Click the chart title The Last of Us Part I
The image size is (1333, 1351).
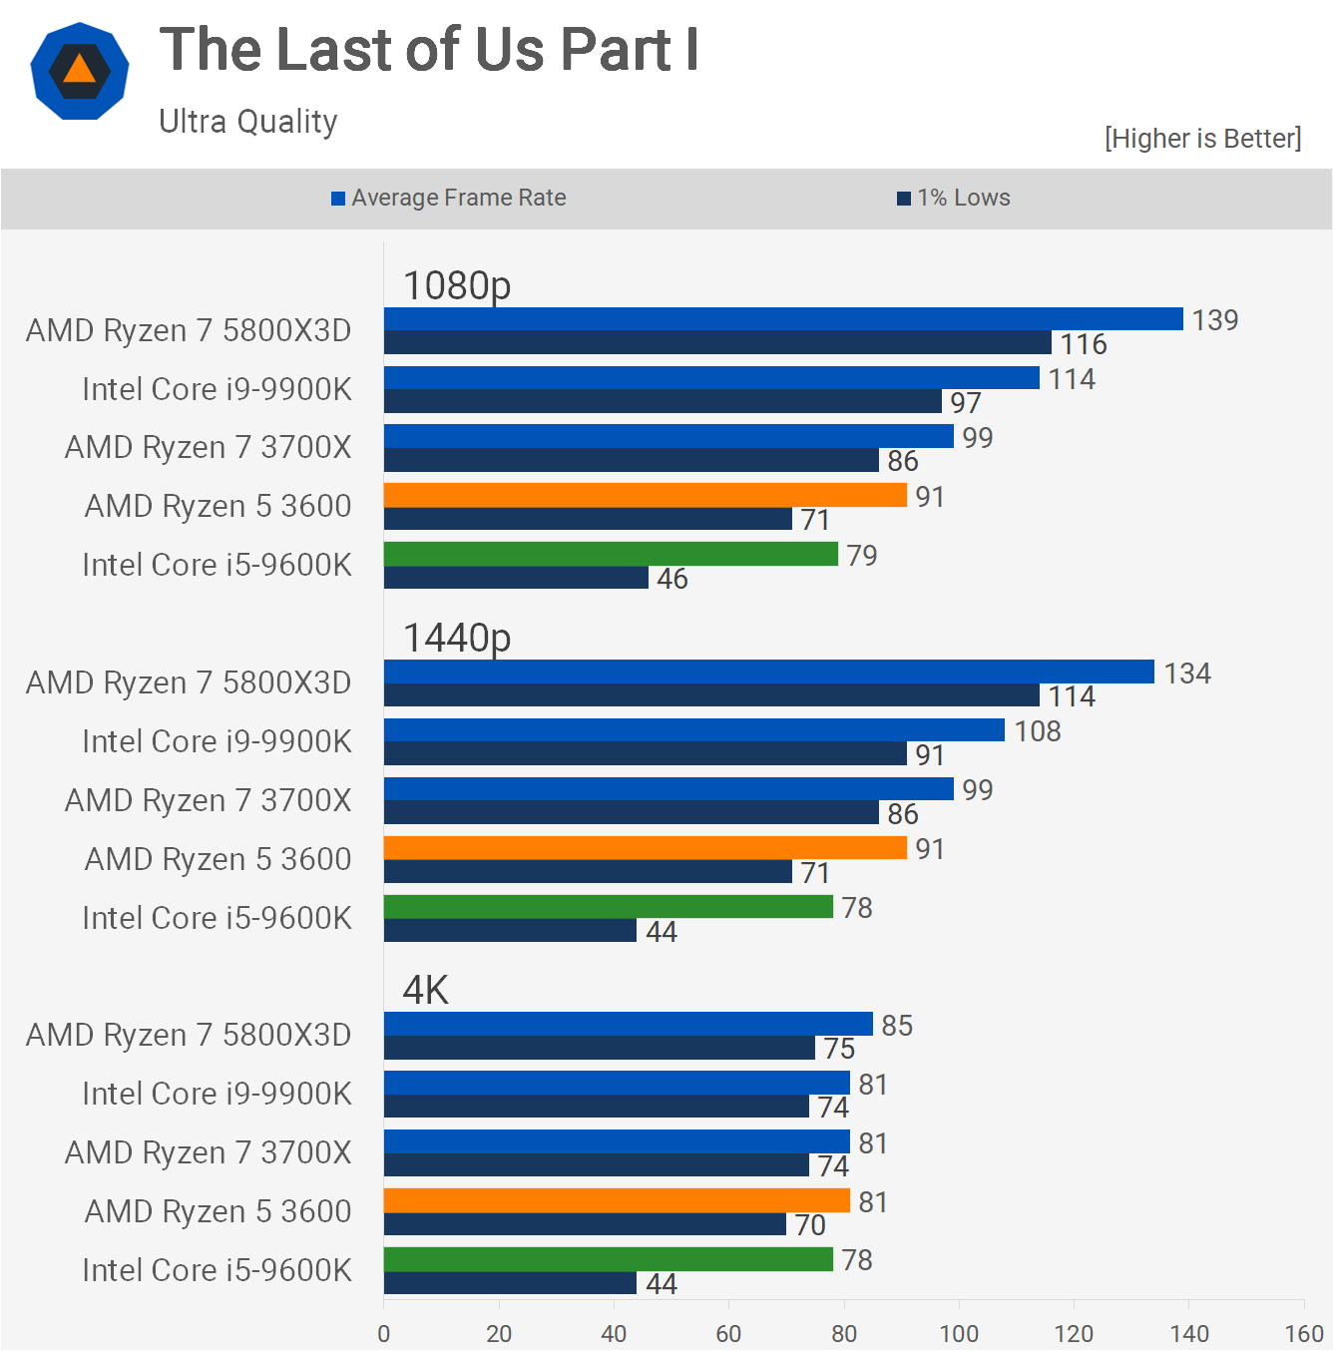click(429, 50)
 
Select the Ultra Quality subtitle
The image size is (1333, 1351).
click(248, 122)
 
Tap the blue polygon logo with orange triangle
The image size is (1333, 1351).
click(80, 72)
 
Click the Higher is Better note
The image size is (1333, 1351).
click(1202, 139)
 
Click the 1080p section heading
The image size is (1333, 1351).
click(457, 285)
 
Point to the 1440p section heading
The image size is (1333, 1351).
click(457, 638)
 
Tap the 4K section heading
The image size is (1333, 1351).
click(426, 990)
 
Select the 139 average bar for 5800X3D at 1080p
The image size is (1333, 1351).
click(783, 318)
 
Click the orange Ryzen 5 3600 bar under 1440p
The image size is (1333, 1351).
click(646, 848)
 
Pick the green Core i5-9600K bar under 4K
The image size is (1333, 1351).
click(609, 1259)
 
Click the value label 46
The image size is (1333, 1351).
click(672, 579)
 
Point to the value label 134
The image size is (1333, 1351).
click(1187, 674)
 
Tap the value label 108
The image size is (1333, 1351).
click(1038, 731)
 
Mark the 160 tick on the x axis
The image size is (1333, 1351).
click(1304, 1333)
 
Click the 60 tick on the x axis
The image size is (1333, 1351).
click(728, 1333)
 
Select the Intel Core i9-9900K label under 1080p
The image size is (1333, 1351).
click(217, 389)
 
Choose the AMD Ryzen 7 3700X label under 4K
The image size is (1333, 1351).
click(208, 1152)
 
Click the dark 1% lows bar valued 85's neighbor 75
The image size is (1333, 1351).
click(600, 1048)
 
